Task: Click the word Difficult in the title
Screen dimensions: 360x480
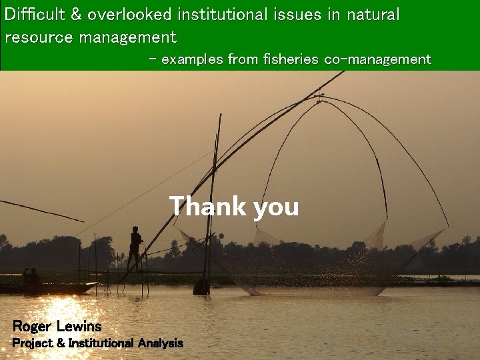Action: pos(33,15)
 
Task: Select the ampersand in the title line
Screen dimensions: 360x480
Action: pos(75,15)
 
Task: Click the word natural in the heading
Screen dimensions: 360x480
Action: pos(373,15)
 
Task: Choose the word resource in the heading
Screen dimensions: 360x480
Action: pos(38,37)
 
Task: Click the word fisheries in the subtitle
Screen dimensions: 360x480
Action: pos(291,60)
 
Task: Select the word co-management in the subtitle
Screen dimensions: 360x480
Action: pos(377,60)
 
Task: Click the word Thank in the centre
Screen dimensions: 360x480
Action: pos(207,206)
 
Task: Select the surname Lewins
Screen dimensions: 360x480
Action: pos(79,327)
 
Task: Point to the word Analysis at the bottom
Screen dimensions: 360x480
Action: pos(160,343)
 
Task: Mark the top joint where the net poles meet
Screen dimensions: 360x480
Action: pos(319,97)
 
